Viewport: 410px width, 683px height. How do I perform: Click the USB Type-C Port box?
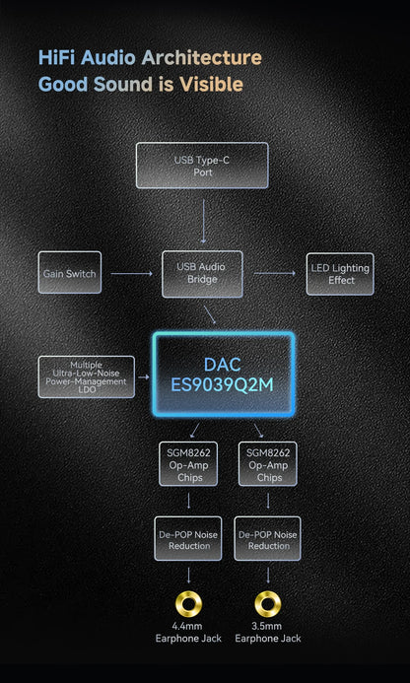tap(202, 166)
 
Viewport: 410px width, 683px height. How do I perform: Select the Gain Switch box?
tap(70, 272)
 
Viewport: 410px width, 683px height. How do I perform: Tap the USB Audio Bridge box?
tap(202, 274)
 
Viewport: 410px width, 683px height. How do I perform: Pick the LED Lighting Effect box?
tap(340, 274)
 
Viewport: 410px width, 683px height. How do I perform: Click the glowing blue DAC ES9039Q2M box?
tap(223, 375)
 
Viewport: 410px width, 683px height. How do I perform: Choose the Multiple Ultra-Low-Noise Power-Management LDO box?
tap(87, 376)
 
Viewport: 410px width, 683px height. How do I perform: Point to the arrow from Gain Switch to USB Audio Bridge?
tap(132, 274)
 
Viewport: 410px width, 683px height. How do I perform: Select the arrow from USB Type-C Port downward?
tap(203, 221)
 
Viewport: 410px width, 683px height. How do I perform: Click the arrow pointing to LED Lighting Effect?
tap(275, 273)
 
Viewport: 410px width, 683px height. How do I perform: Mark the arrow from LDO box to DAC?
tap(144, 376)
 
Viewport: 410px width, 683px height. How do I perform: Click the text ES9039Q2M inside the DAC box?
tap(222, 385)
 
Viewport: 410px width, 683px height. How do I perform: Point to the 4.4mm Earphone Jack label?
tap(188, 633)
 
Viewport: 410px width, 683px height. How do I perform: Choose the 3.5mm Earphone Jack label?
tap(268, 633)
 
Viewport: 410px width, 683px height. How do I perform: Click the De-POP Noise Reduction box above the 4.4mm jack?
tap(188, 538)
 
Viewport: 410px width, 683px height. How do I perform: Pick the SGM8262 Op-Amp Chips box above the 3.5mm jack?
tap(267, 464)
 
